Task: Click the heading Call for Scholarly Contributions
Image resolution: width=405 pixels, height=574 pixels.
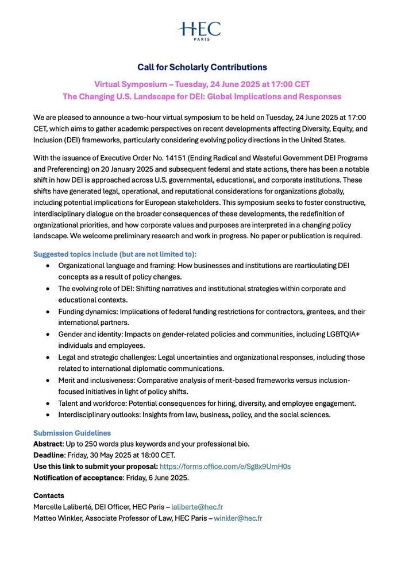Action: (x=202, y=67)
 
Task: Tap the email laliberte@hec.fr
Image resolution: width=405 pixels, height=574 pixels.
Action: (x=197, y=507)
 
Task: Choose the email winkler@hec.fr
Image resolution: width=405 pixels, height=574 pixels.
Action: (x=238, y=518)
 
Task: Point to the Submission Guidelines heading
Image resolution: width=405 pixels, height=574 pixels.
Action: (x=72, y=433)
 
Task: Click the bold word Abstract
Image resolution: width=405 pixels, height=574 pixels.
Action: (x=48, y=444)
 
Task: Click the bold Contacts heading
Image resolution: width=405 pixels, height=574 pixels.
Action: (x=49, y=495)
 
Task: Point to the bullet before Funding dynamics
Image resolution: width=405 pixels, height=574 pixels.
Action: (x=48, y=312)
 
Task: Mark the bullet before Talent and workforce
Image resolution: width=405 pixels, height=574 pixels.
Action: (x=48, y=403)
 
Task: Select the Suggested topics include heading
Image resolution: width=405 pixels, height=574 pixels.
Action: (x=114, y=254)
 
